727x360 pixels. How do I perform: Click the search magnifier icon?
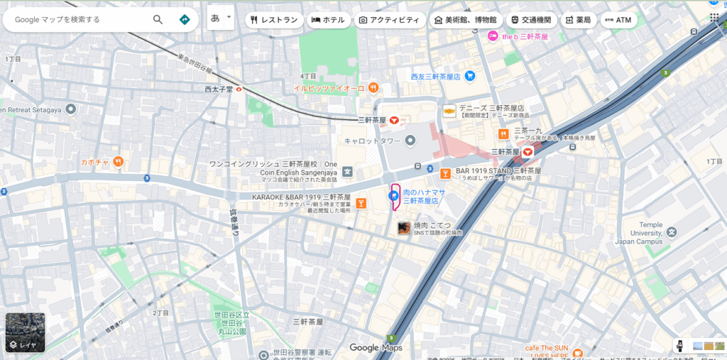click(158, 19)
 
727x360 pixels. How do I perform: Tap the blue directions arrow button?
click(185, 19)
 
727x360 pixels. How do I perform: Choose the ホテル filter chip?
click(328, 20)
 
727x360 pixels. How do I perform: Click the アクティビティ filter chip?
click(390, 20)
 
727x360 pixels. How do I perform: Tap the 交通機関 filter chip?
click(532, 20)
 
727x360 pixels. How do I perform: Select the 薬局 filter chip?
click(578, 20)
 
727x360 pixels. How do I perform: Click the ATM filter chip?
click(618, 20)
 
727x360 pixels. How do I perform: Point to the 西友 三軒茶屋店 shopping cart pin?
click(469, 76)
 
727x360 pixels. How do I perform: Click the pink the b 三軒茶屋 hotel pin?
click(493, 36)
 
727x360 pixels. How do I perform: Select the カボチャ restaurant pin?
click(118, 162)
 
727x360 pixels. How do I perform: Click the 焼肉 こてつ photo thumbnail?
click(403, 228)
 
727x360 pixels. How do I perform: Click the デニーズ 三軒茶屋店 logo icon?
click(449, 111)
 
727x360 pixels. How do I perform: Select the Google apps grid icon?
click(714, 18)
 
